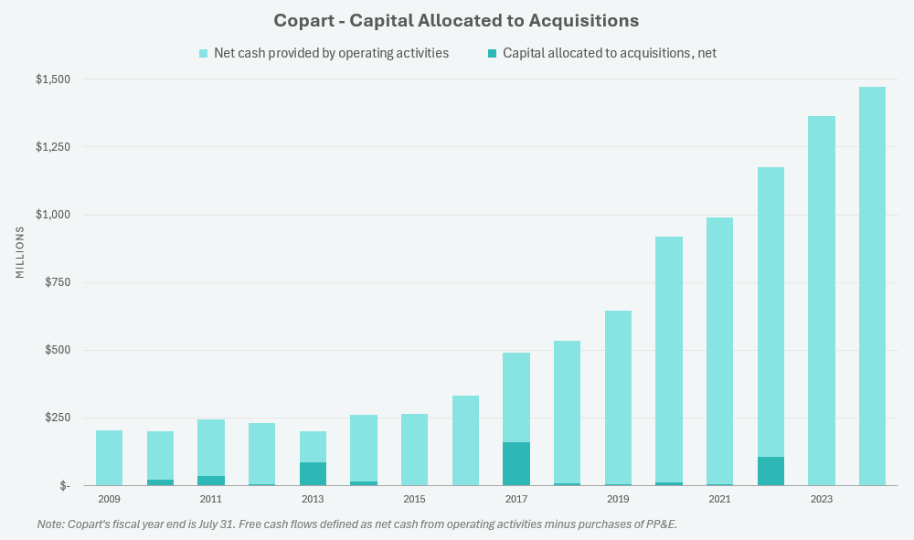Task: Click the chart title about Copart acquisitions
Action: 457,19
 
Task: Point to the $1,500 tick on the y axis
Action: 53,79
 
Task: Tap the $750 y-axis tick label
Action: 57,282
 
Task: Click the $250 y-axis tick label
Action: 57,418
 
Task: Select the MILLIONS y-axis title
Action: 20,253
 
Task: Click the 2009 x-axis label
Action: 109,499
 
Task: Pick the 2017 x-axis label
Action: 515,499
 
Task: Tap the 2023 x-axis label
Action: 821,499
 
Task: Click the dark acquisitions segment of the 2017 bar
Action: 515,464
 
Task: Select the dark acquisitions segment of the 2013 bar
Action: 313,474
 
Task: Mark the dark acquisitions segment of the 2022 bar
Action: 771,471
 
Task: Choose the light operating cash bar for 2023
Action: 821,301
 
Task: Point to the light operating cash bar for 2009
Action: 109,458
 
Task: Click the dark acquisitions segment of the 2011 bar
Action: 211,481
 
